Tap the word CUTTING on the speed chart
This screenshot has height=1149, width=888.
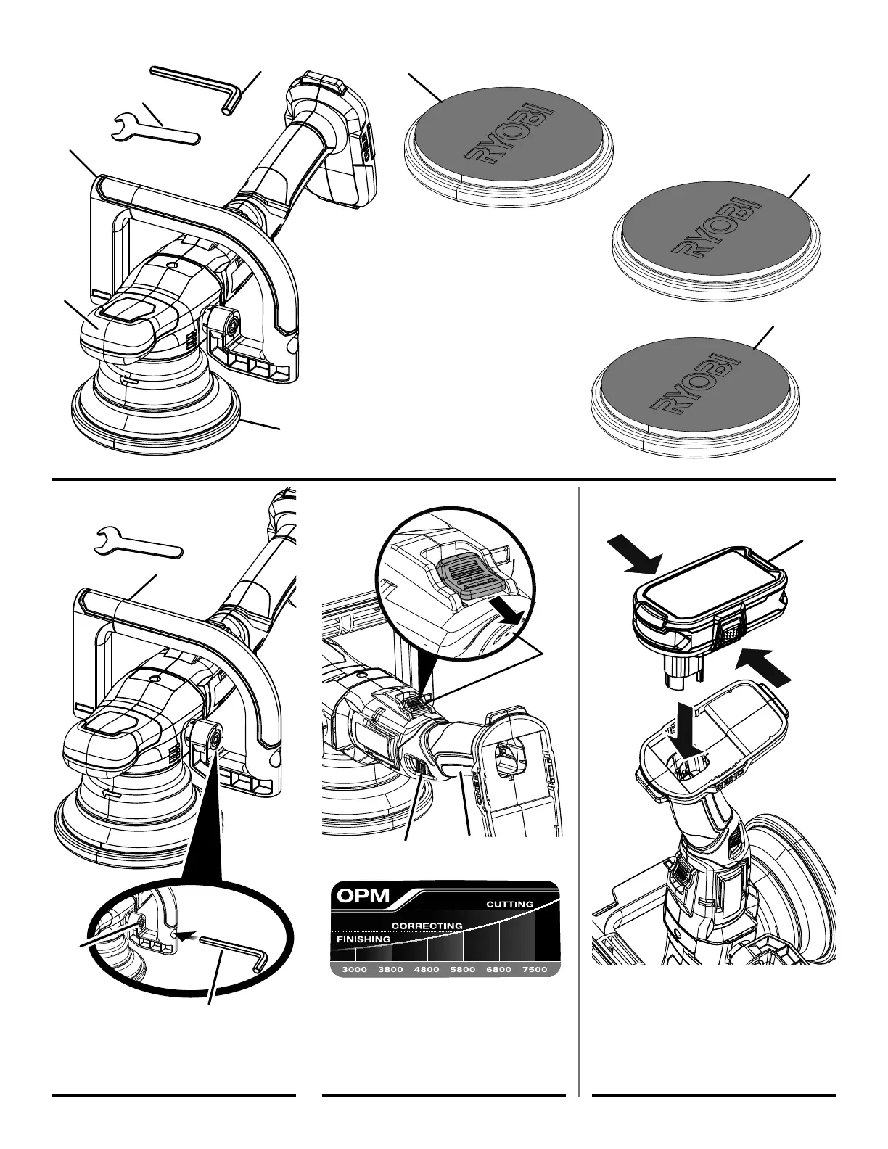click(509, 904)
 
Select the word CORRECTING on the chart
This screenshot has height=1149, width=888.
click(427, 926)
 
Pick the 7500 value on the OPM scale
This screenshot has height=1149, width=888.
click(535, 970)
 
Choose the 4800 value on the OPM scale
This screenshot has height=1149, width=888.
click(426, 970)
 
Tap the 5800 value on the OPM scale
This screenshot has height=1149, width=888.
click(462, 970)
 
